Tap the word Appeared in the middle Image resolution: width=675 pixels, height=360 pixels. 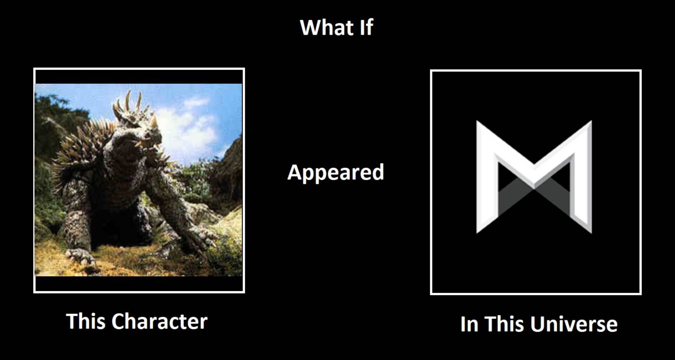[x=336, y=173]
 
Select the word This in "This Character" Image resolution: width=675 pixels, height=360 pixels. [x=85, y=321]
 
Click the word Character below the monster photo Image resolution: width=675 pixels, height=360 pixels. [x=160, y=321]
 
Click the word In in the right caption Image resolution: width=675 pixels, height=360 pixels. [x=469, y=324]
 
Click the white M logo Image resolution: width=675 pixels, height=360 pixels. [x=534, y=177]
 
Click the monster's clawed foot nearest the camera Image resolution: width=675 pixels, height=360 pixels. [x=81, y=256]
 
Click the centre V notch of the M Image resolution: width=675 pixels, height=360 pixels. [x=534, y=176]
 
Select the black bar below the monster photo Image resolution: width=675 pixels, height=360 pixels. [x=139, y=284]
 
